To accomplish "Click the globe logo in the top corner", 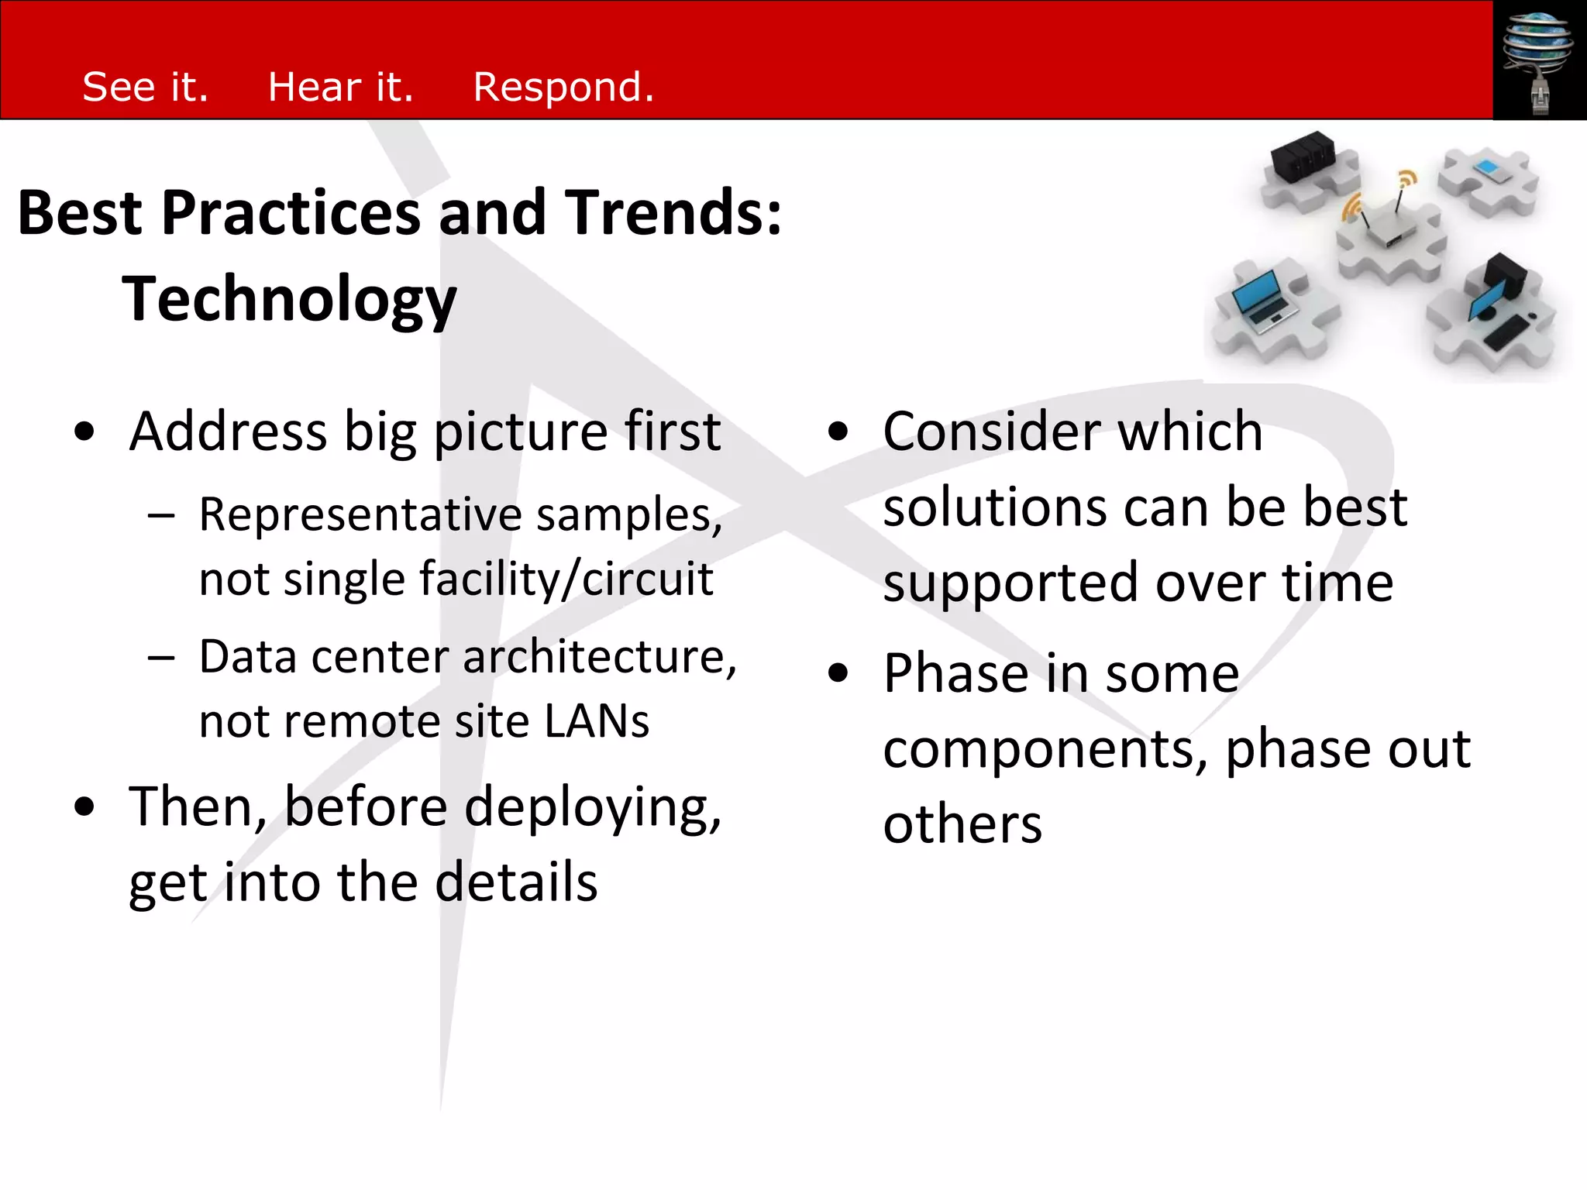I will (1538, 46).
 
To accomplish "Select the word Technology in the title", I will (289, 299).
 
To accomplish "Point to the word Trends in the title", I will (671, 213).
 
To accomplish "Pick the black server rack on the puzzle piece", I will (1303, 156).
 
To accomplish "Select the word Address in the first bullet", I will (229, 432).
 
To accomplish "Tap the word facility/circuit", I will (566, 579).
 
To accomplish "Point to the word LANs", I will (596, 721).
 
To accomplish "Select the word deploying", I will (592, 808).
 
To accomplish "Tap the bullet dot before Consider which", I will (838, 432).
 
